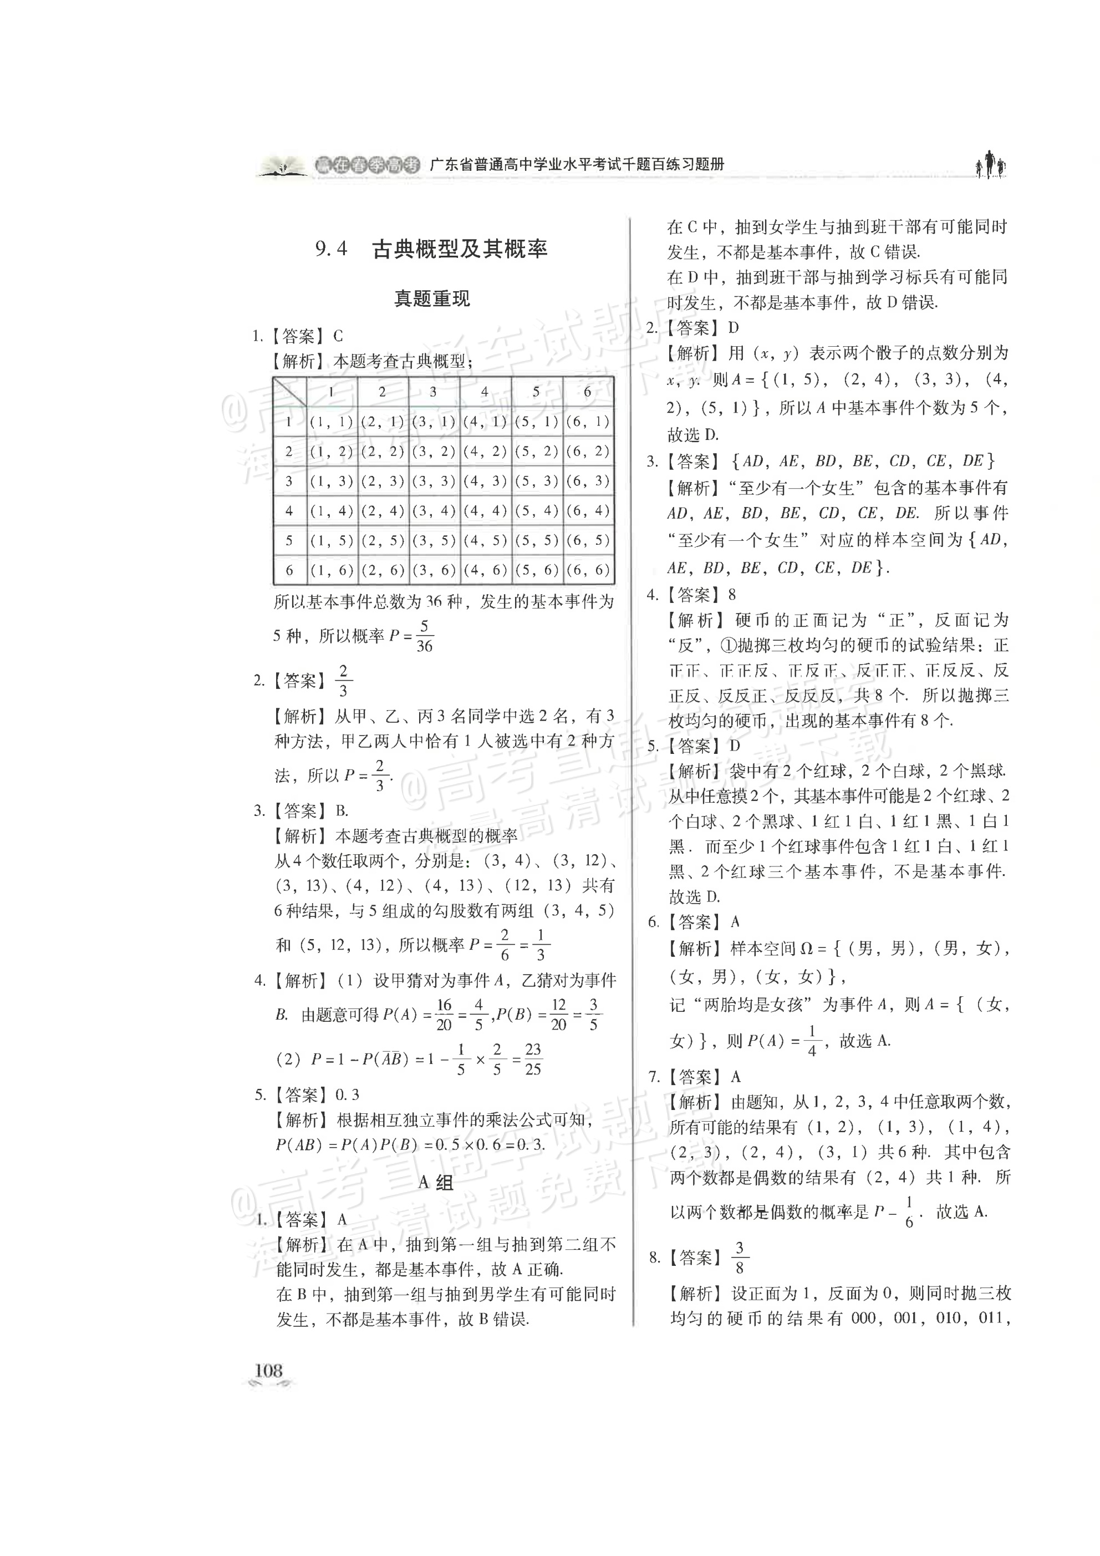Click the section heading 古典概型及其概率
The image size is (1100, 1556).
[x=460, y=250]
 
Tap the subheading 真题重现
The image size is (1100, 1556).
[x=432, y=299]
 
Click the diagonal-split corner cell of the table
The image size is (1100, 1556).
[x=289, y=392]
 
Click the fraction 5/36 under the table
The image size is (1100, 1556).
[x=425, y=636]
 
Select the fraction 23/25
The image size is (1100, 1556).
[x=533, y=1060]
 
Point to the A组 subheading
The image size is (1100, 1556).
[x=436, y=1183]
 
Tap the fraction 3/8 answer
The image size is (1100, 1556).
[x=739, y=1258]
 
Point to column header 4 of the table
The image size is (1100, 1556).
[x=484, y=392]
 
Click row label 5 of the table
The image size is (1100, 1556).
[x=289, y=541]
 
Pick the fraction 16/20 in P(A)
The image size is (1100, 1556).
[x=444, y=1015]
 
